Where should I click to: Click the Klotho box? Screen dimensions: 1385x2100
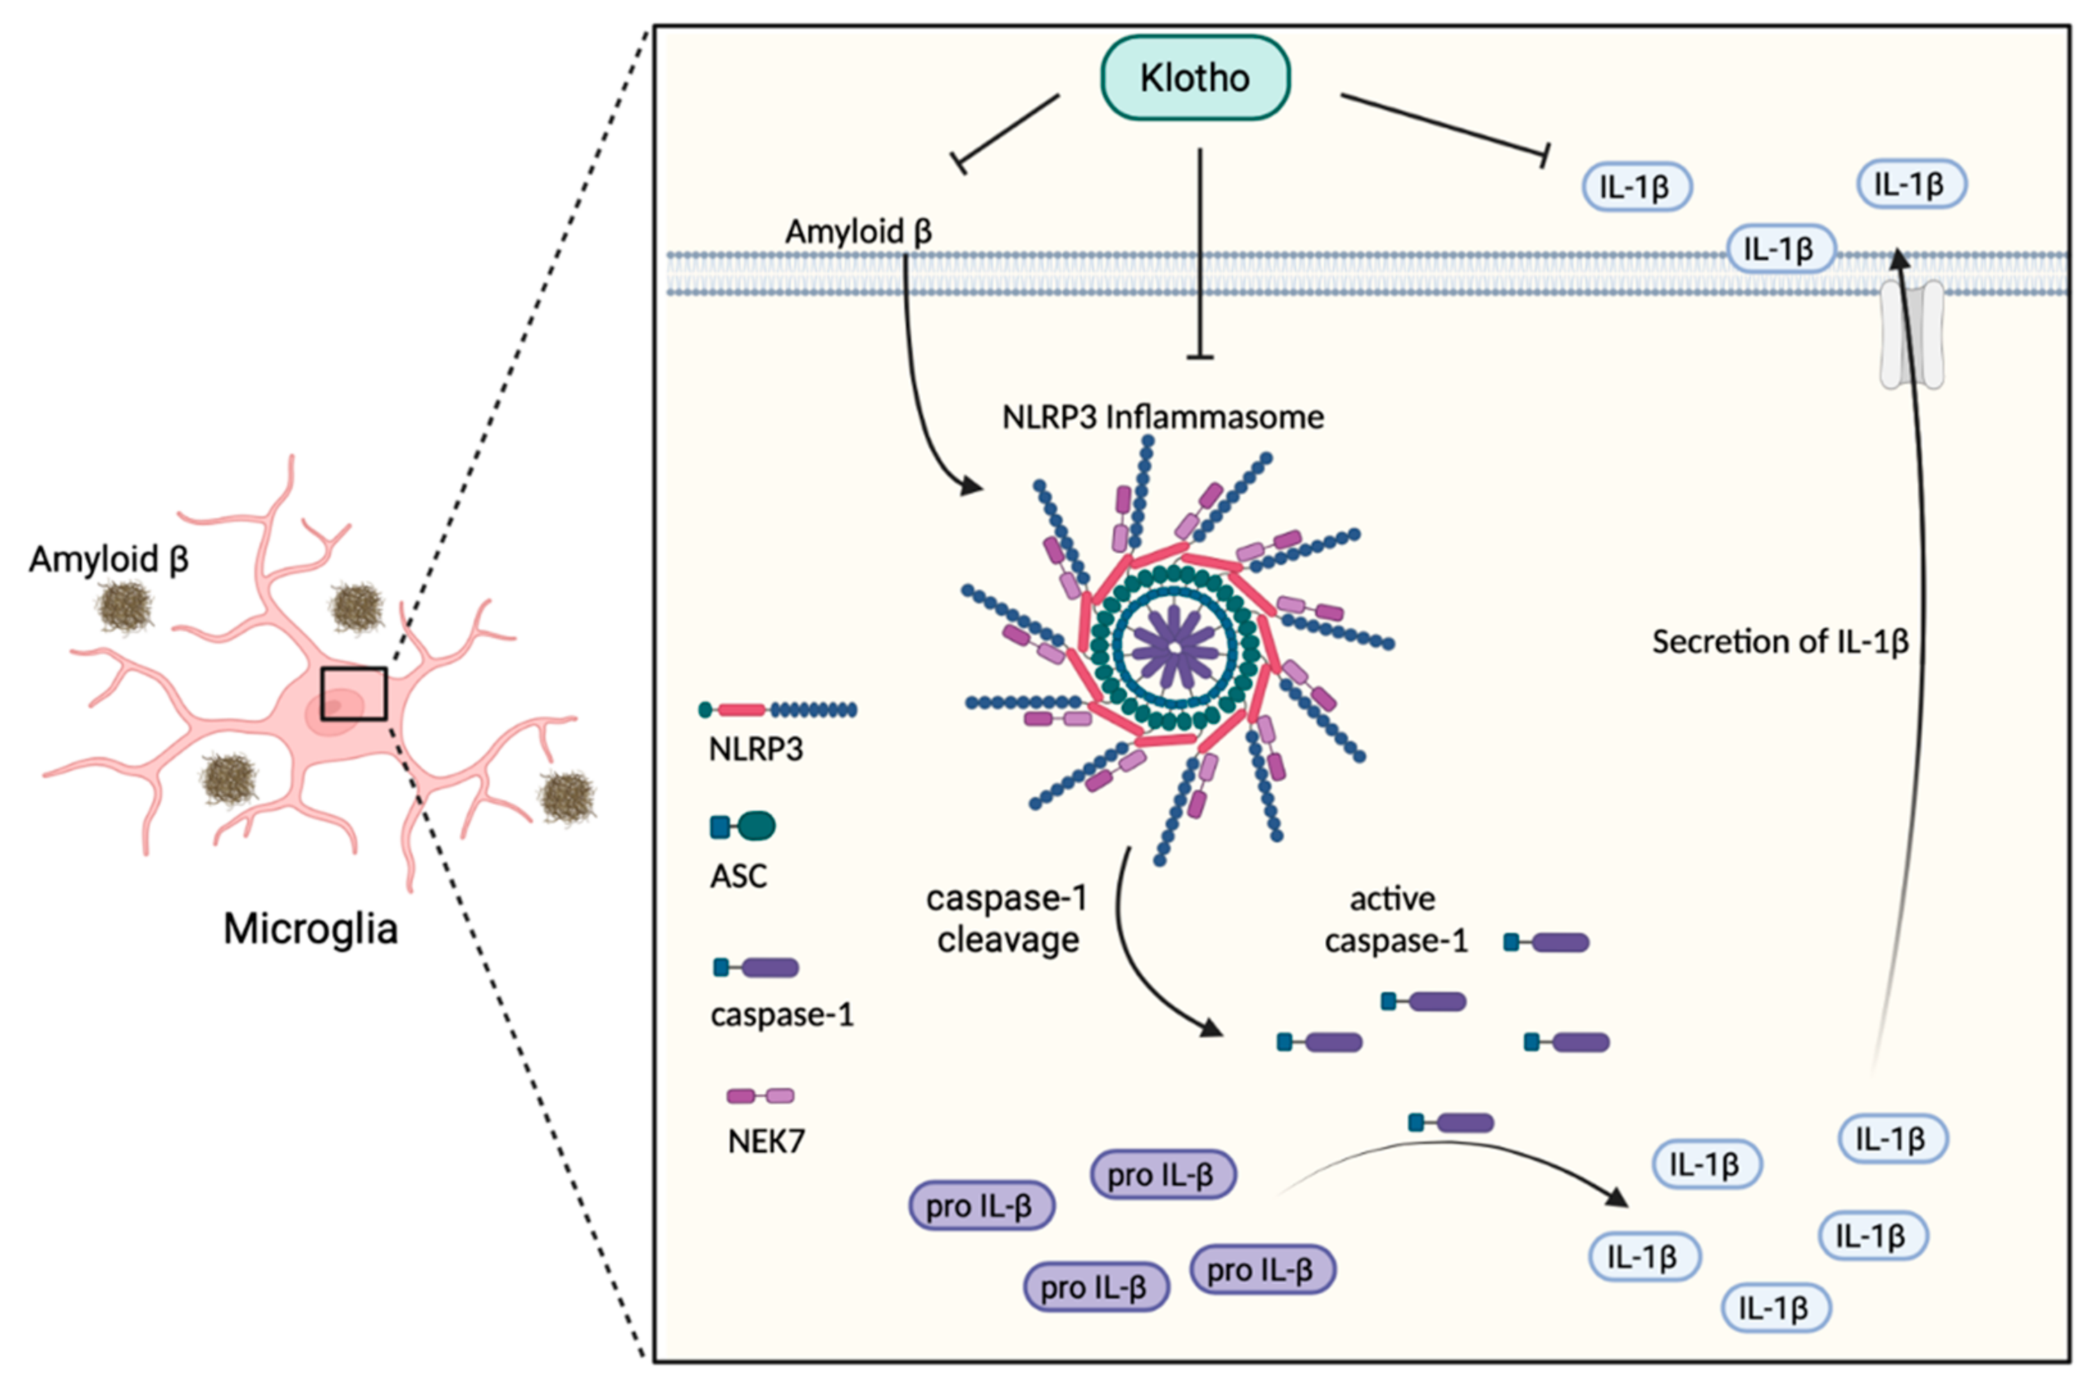click(x=1195, y=78)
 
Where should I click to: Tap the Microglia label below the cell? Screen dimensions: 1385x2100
click(x=310, y=930)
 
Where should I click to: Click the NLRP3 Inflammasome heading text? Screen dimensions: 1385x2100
click(x=1162, y=417)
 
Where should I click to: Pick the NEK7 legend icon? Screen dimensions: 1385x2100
click(x=760, y=1096)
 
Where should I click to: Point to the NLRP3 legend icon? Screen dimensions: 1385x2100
click(x=777, y=709)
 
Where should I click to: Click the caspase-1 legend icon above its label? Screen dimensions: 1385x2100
click(x=757, y=968)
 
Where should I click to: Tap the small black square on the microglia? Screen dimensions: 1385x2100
click(x=353, y=693)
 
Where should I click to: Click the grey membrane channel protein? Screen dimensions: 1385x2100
click(x=1911, y=335)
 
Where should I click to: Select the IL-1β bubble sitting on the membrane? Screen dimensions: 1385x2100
click(x=1780, y=250)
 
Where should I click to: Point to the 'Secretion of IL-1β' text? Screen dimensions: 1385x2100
click(x=1780, y=642)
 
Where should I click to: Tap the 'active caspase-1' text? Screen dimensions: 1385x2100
click(x=1395, y=919)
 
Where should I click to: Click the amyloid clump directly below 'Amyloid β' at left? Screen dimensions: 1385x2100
click(x=124, y=607)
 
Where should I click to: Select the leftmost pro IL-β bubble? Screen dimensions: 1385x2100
click(x=981, y=1206)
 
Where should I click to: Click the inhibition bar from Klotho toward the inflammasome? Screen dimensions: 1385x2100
click(x=1199, y=357)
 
